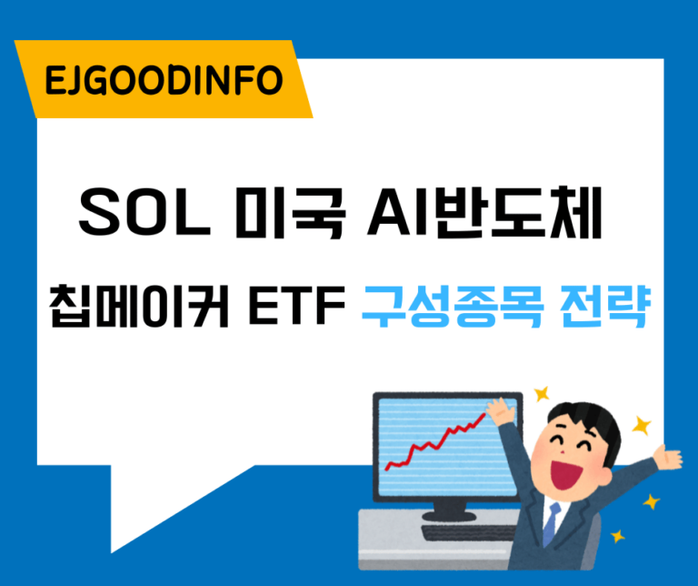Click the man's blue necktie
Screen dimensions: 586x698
point(552,522)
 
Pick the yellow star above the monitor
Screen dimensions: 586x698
point(543,394)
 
